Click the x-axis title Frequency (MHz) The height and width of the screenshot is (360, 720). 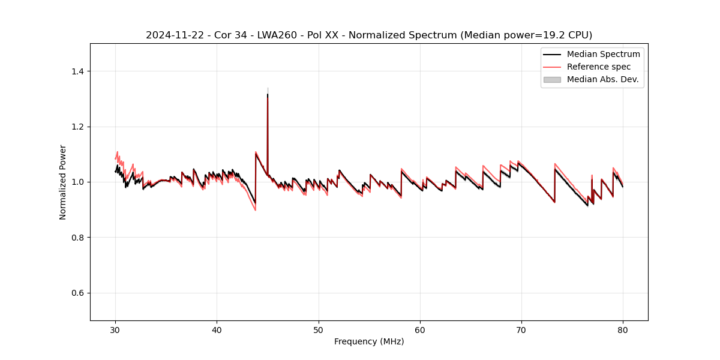(x=369, y=341)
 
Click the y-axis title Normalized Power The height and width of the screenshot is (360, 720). (x=63, y=182)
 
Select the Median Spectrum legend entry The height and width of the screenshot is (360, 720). (x=603, y=54)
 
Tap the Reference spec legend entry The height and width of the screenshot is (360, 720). (x=599, y=67)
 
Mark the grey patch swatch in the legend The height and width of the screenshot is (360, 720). (x=552, y=79)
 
